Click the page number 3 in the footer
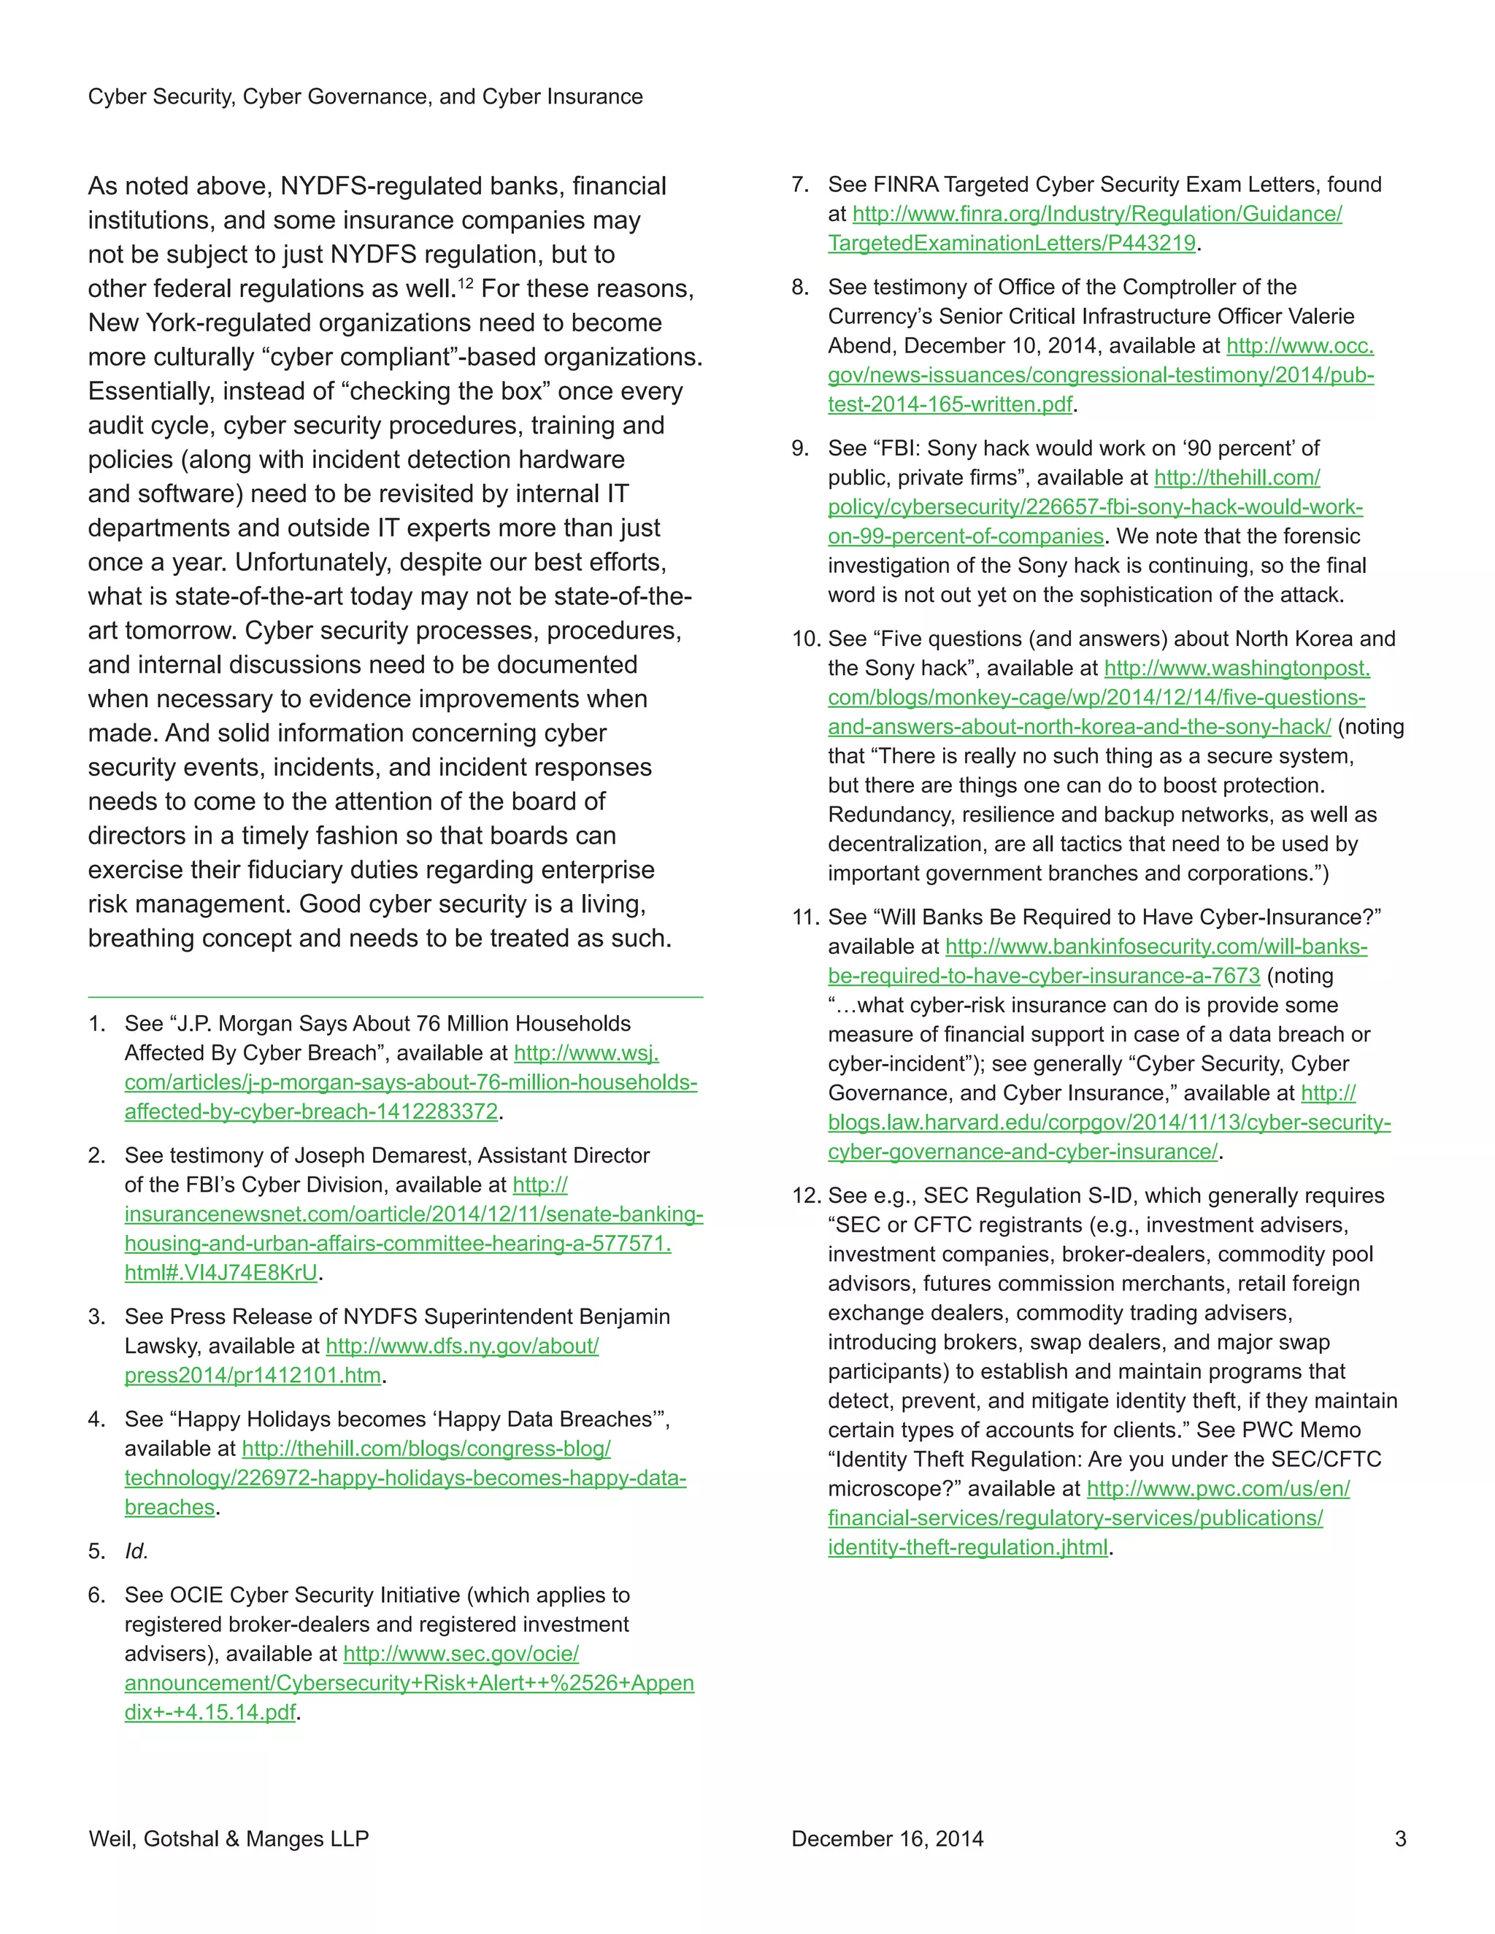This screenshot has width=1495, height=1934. coord(1400,1838)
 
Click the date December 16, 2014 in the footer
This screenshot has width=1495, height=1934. coord(888,1838)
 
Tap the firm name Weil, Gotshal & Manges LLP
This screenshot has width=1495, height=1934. coord(228,1838)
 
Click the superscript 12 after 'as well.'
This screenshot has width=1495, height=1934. coord(465,282)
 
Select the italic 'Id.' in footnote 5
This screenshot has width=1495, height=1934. coord(137,1551)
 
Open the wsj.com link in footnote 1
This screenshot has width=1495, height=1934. coord(410,1082)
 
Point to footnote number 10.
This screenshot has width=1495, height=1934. coord(805,639)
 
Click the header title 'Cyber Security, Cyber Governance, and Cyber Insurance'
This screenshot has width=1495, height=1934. coord(365,96)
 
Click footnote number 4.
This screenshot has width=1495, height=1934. coord(96,1419)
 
